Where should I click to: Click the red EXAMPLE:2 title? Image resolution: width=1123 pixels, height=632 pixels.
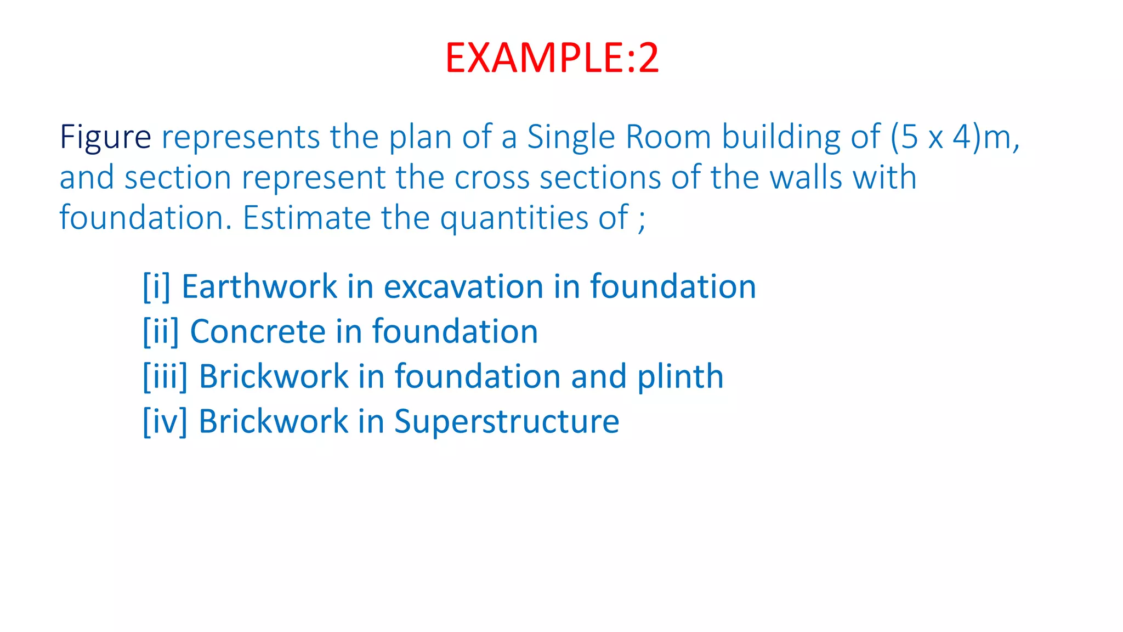point(552,58)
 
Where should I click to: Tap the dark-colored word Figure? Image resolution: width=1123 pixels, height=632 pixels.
point(105,137)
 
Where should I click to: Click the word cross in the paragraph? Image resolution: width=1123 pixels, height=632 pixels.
point(492,178)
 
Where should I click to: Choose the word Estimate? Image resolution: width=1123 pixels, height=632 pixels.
point(307,218)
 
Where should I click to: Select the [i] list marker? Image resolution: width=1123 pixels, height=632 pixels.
point(156,287)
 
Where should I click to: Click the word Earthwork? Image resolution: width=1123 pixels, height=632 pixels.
point(259,287)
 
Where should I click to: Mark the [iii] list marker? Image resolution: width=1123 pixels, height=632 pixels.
point(165,377)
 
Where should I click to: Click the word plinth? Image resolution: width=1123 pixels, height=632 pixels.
point(680,377)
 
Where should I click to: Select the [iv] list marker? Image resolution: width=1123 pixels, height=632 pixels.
point(165,422)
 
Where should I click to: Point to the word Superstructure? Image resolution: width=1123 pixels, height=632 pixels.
point(507,422)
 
